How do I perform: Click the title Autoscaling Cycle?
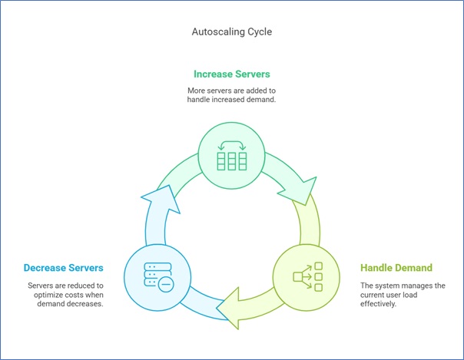pos(232,34)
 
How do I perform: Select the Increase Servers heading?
pos(231,75)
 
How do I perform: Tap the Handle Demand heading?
pos(396,268)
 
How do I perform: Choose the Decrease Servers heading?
pos(64,268)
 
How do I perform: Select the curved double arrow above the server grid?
pos(231,144)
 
